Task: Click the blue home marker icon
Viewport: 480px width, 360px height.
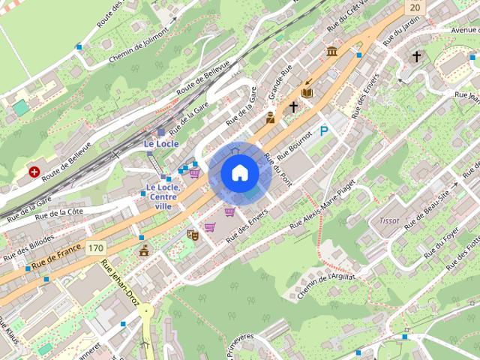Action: coord(239,173)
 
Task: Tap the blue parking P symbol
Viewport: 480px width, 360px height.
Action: coord(325,131)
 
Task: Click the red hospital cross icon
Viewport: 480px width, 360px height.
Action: coord(34,172)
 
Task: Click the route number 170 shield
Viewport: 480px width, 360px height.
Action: coord(94,247)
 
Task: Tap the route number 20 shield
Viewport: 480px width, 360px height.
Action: coord(415,6)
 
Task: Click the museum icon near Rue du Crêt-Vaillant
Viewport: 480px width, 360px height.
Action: coord(331,51)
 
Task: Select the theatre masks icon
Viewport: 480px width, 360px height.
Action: coord(192,235)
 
